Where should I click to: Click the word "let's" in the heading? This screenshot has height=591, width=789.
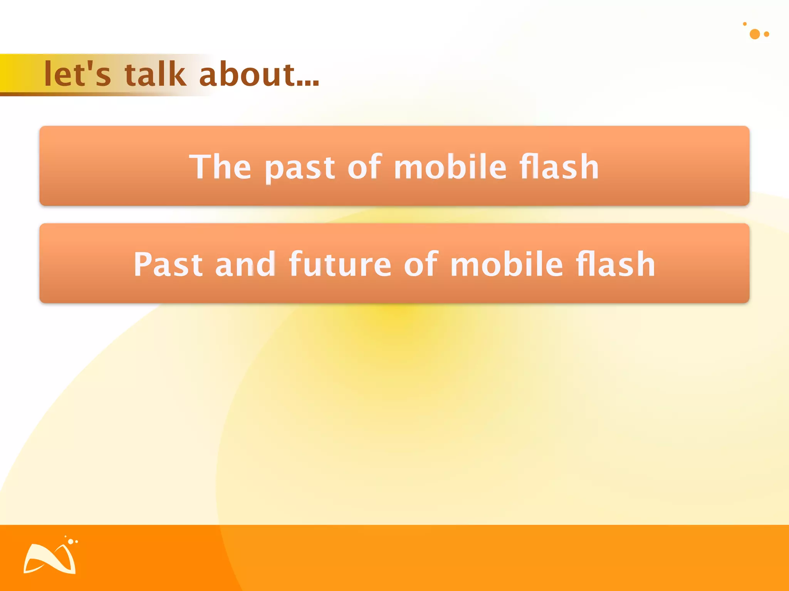77,74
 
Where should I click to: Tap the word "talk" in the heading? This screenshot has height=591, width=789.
155,74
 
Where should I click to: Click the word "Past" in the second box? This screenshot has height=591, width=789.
168,264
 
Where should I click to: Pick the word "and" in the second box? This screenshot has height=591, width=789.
245,264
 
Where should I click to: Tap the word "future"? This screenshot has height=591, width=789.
340,264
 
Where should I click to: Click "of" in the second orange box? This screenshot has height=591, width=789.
421,264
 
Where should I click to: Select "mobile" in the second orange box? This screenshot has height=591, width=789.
506,264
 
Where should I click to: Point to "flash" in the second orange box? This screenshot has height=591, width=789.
615,264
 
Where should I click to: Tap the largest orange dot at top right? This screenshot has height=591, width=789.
755,34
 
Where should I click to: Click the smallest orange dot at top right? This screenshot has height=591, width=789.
745,24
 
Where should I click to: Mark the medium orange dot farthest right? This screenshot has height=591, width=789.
767,34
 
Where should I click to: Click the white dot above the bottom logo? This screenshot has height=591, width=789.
71,541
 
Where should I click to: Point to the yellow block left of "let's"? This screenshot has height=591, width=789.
15,73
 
